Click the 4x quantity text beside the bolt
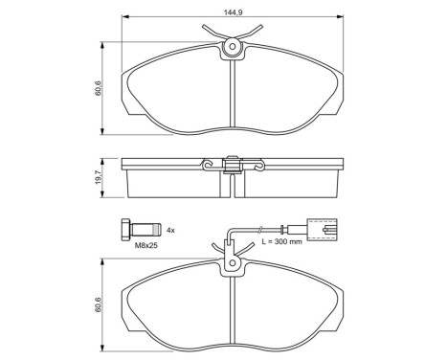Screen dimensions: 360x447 click(x=171, y=231)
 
